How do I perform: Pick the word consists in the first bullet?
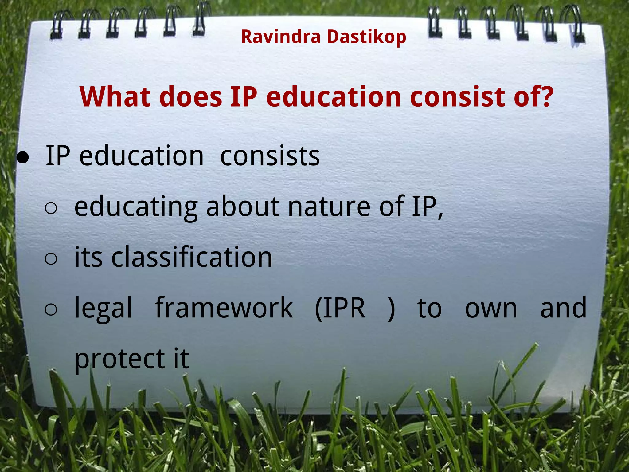coord(270,156)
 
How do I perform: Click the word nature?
coord(329,206)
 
